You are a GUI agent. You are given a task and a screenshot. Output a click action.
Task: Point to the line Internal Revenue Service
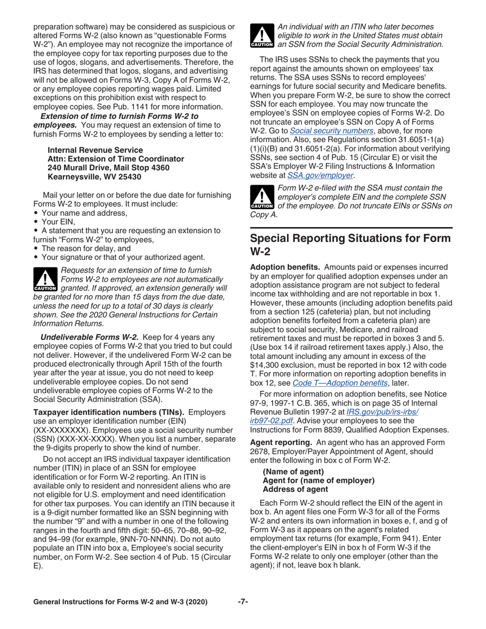95,150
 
